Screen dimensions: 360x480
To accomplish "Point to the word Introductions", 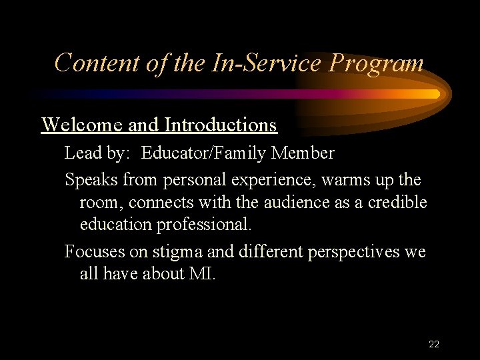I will pos(221,125).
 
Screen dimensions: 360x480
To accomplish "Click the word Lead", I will pos(81,153).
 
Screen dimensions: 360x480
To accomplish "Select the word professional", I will pos(203,225).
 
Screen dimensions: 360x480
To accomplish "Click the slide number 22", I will pos(433,344).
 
